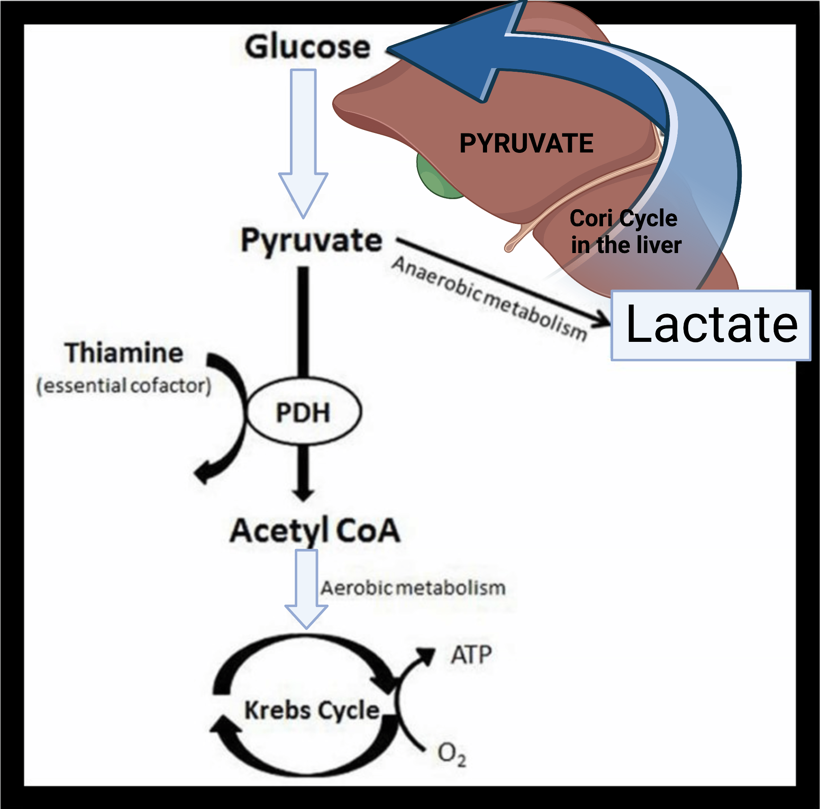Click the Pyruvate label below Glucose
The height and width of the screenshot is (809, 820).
coord(311,240)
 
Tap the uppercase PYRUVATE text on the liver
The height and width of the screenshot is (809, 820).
coord(526,144)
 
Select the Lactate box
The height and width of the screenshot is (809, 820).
coord(711,325)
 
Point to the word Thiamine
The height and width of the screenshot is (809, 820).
coord(124,353)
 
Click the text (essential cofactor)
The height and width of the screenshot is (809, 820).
coord(124,385)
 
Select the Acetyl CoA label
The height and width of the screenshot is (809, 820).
coord(315,530)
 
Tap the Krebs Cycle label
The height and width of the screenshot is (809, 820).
coord(312,710)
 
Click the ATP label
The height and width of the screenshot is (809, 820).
coord(471,655)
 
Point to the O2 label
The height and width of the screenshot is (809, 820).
coord(452,754)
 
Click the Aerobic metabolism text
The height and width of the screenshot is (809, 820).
coord(413,588)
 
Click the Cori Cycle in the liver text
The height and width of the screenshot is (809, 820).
coord(625,232)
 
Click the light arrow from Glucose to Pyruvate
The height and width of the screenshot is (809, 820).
coord(303,140)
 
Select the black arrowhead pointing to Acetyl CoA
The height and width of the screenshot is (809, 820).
coord(303,494)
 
